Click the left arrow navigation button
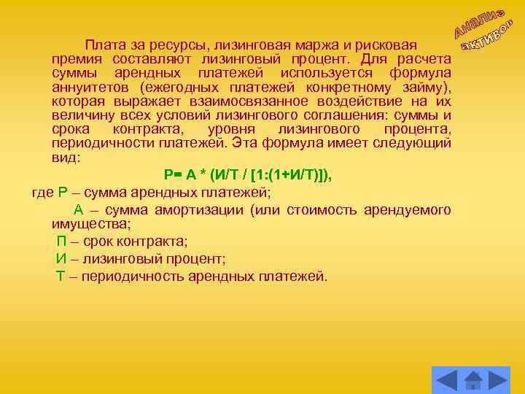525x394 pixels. pos(446,380)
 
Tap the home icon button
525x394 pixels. pos(473,380)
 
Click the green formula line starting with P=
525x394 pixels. pos(248,174)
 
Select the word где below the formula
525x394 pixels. pos(42,193)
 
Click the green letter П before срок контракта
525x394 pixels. pos(62,242)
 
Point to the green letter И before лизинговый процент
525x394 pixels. pos(62,259)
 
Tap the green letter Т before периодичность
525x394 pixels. pos(61,277)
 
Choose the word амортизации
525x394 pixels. pos(201,210)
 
